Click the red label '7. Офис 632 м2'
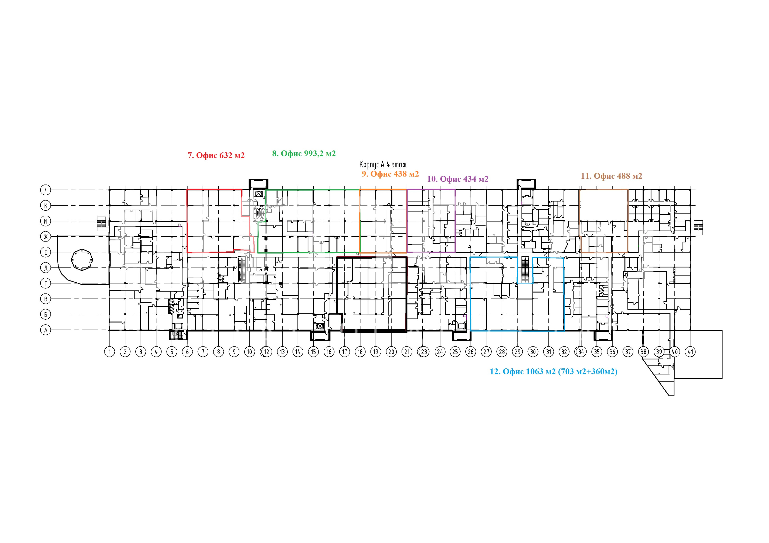(216, 155)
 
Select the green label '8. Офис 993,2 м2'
(304, 154)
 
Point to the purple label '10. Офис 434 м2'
(458, 179)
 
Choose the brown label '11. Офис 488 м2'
(612, 176)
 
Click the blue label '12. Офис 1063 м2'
(522, 371)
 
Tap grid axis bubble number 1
(110, 352)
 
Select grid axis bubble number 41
(690, 352)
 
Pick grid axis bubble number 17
(345, 352)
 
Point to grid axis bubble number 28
(502, 352)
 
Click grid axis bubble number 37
(628, 352)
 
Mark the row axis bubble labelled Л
(46, 190)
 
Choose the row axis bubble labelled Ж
(46, 237)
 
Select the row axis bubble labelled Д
(46, 268)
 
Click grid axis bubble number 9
(234, 352)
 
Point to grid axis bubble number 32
(564, 352)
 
